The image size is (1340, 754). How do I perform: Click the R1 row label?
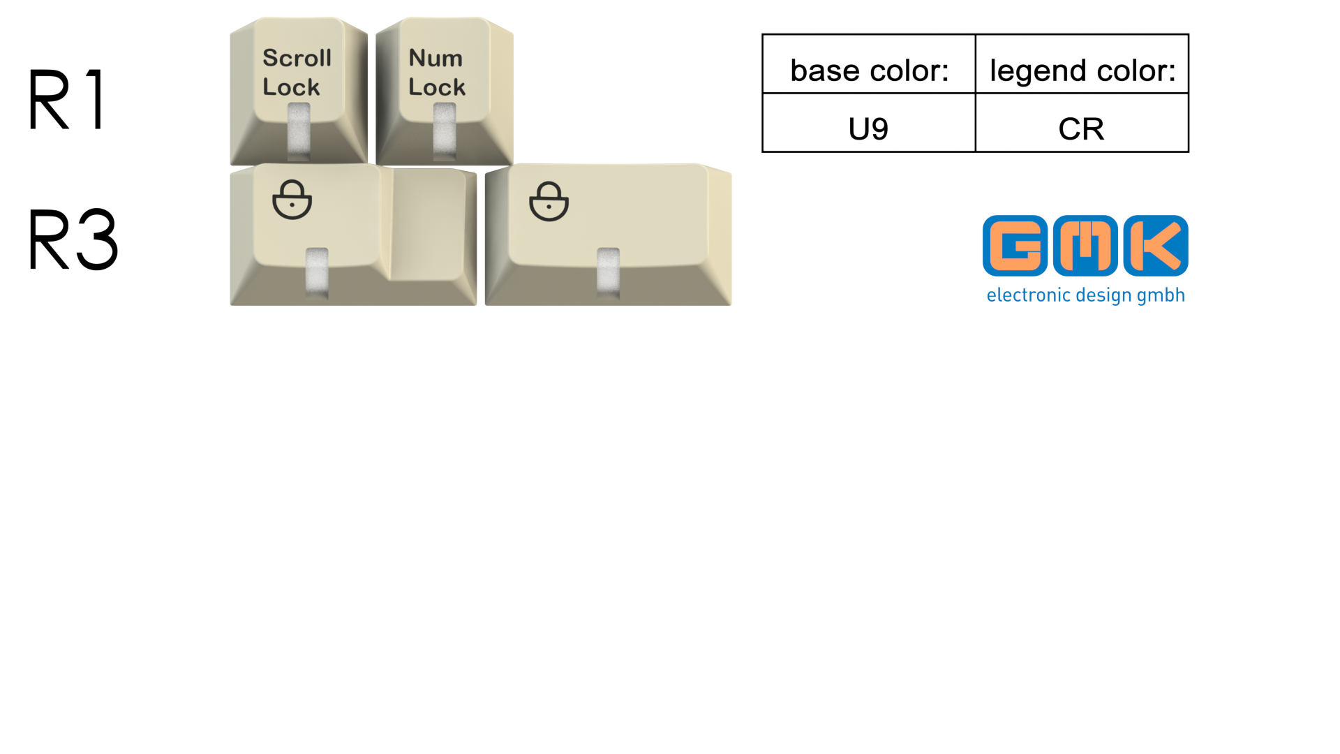67,99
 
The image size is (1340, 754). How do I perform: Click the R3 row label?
73,239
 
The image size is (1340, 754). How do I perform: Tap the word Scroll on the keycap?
297,58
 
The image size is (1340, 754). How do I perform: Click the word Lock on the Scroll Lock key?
291,87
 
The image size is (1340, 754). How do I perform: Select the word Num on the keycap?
435,58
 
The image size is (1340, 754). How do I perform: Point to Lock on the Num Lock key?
437,87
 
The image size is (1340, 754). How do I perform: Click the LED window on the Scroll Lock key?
299,131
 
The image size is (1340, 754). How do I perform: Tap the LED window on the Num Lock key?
445,131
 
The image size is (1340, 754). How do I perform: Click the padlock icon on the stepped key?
292,200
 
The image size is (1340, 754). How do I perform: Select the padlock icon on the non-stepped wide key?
549,201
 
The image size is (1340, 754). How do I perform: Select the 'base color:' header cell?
869,64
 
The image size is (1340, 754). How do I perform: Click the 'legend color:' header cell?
1082,64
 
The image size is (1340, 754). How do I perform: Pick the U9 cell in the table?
869,123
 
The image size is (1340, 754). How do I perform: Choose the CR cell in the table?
1082,123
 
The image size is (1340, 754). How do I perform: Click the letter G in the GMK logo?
1015,246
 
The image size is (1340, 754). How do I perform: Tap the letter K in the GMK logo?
1156,246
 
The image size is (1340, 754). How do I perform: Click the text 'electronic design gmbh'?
1085,295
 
